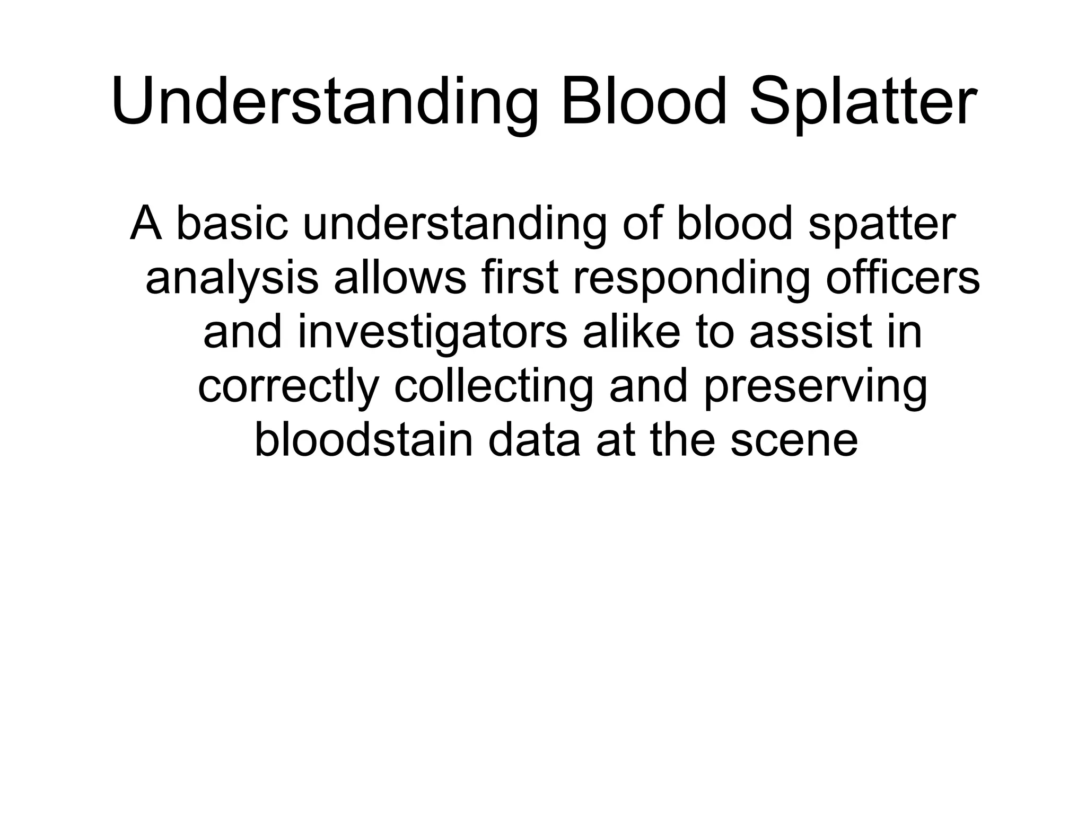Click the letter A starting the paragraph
click(x=145, y=223)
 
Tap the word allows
click(x=400, y=277)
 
